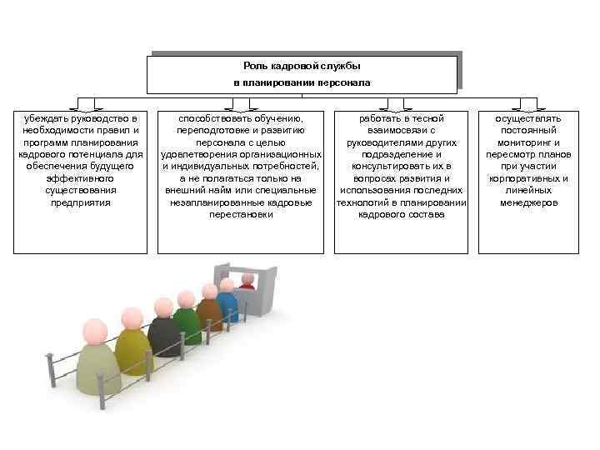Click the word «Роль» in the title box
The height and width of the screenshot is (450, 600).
click(256, 65)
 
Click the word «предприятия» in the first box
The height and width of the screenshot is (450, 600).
click(80, 202)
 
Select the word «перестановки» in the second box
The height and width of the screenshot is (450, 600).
click(240, 214)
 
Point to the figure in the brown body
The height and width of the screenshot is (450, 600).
click(208, 312)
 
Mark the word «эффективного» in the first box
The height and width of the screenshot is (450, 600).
click(80, 178)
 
